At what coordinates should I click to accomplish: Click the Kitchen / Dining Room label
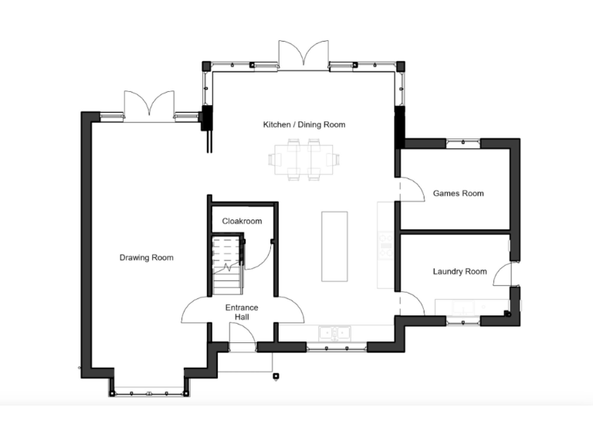coord(303,124)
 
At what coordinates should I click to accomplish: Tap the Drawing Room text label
coord(146,257)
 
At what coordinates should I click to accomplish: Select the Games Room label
coord(458,193)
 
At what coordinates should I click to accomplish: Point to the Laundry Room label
coord(459,271)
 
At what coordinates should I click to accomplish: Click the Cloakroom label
coord(242,221)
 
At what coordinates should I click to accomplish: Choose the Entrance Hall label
coord(242,312)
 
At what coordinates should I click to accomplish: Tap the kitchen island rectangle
coord(334,246)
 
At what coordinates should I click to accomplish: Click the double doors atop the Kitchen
coord(304,53)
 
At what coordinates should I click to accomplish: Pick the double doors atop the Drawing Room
coord(150,105)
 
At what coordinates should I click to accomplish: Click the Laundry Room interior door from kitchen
coord(411,302)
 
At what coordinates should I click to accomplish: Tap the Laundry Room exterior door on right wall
coord(503,273)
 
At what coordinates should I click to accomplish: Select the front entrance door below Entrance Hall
coord(242,337)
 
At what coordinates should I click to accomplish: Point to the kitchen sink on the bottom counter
coord(334,333)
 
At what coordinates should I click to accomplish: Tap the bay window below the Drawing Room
coord(148,390)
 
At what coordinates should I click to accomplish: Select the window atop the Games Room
coord(463,142)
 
